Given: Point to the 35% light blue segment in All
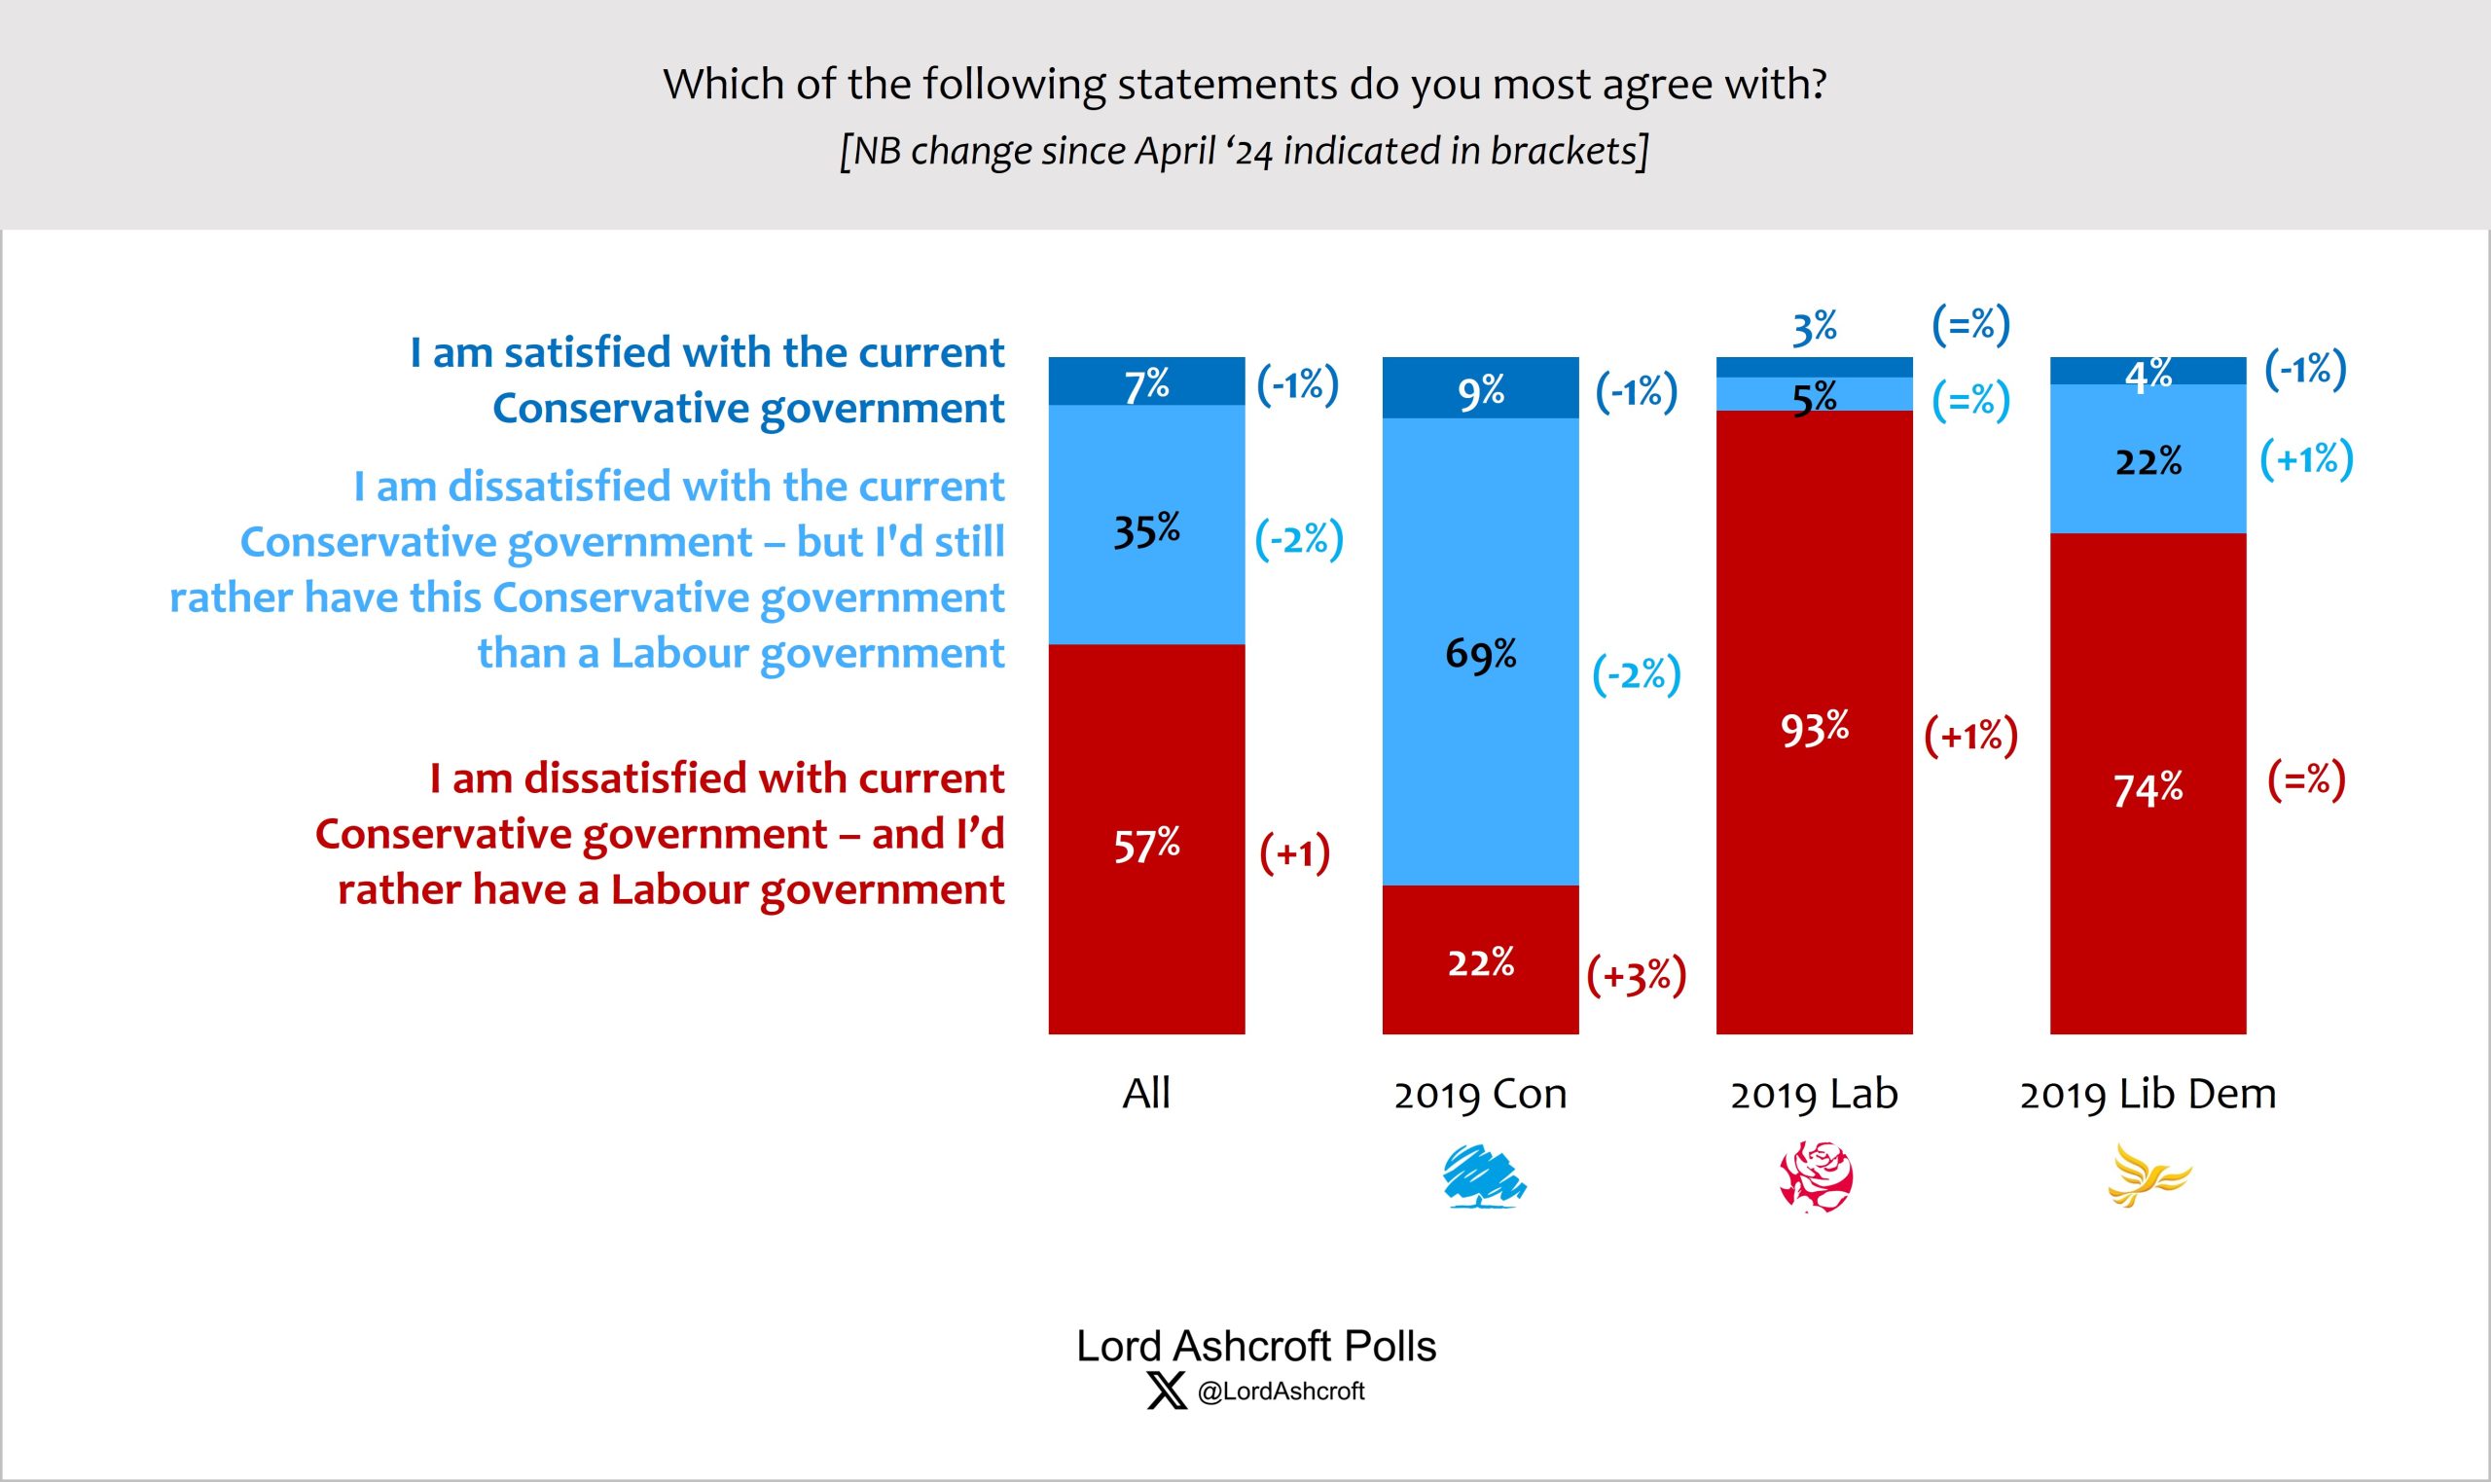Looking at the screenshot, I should [1146, 529].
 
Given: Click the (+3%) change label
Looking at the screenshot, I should [1637, 975].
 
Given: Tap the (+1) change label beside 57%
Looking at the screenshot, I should [1294, 853].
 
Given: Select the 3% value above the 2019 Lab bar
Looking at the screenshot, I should [1814, 327].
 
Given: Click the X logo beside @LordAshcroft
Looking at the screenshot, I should [1165, 1391].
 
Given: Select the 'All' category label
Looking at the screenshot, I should [1146, 1094].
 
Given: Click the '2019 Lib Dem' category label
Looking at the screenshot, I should [2148, 1094].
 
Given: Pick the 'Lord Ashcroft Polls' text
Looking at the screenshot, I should [1255, 1346].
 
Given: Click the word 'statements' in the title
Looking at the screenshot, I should [1226, 84].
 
